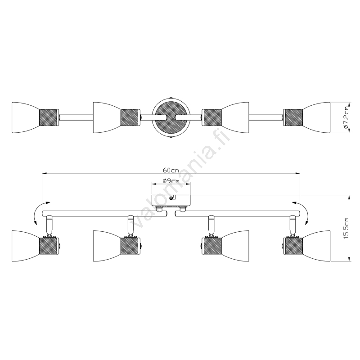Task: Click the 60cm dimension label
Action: tap(171, 170)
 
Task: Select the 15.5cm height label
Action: tap(346, 228)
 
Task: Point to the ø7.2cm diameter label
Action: tap(346, 117)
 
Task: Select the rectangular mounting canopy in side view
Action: tap(171, 200)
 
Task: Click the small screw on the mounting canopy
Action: tap(171, 198)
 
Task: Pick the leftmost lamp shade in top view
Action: tap(25, 117)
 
